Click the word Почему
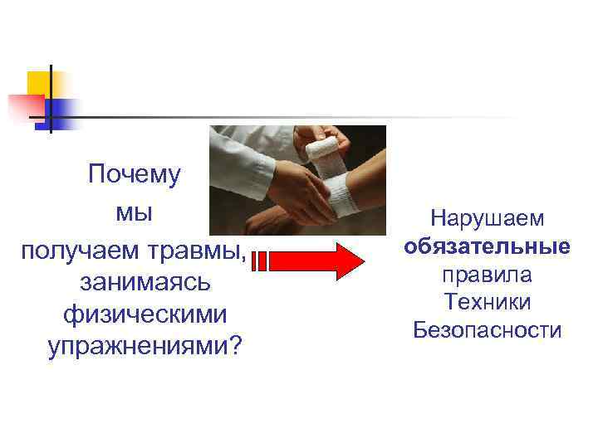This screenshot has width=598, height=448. click(x=134, y=175)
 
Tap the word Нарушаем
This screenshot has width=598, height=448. click(x=488, y=219)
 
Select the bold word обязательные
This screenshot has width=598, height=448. click(x=488, y=246)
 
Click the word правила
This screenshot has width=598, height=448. click(x=488, y=275)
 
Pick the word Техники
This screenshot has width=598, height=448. click(x=488, y=302)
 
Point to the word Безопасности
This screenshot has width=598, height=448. click(x=488, y=330)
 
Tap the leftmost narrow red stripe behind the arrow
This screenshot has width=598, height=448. click(x=253, y=261)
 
